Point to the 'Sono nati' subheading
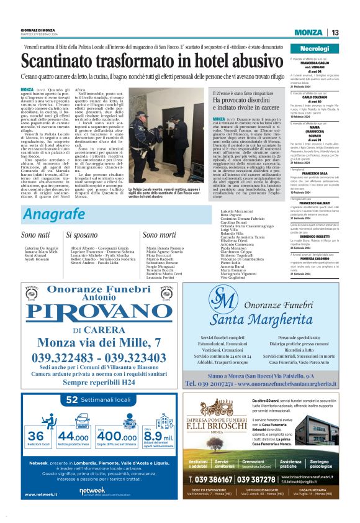pos(36,235)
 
